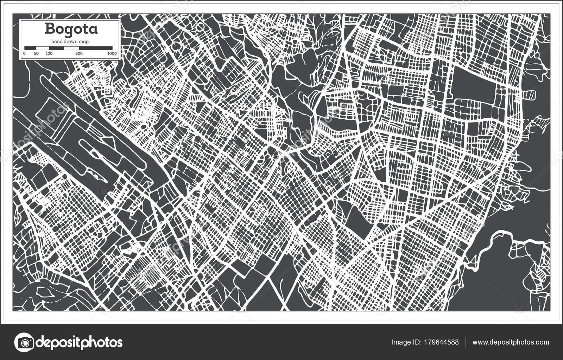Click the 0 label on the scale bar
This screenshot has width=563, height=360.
(x=24, y=53)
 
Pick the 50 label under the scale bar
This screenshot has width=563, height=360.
(x=36, y=53)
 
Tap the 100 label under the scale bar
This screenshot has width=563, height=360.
(x=49, y=53)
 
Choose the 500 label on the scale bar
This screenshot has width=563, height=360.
(x=79, y=53)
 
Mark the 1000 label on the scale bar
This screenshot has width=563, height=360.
(x=112, y=53)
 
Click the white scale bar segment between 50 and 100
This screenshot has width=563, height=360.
(x=43, y=48)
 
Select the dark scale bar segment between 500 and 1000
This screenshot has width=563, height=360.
(x=96, y=48)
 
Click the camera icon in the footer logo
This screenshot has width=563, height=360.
(x=24, y=342)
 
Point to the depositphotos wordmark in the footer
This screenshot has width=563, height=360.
(x=80, y=342)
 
